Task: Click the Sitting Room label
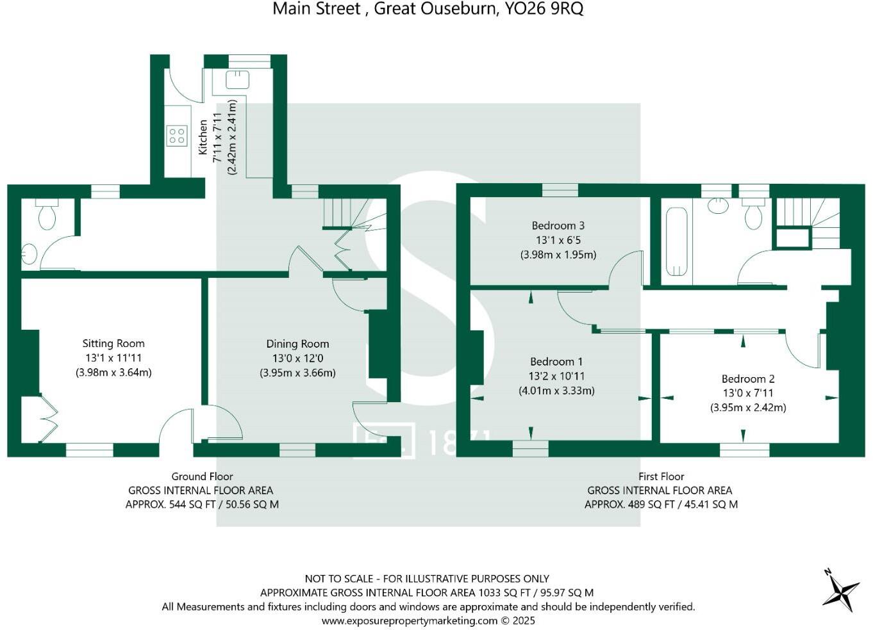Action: coord(113,344)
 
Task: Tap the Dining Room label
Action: coord(297,344)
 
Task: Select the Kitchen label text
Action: coord(203,137)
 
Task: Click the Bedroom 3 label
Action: coord(558,226)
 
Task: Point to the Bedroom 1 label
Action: coord(556,362)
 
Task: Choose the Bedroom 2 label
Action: coord(748,379)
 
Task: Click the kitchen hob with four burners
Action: coord(176,136)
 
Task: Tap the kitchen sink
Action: coord(237,79)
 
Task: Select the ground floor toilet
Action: coord(47,214)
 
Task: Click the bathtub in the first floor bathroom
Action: coord(676,241)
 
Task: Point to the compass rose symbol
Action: coord(840,590)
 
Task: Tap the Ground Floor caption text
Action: coord(202,476)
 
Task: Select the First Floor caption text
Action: coord(661,476)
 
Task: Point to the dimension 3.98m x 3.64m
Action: coord(113,373)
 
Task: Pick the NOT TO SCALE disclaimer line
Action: coord(427,579)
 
